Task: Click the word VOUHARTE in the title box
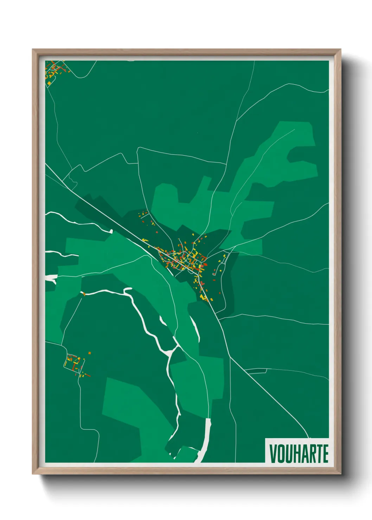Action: click(x=299, y=454)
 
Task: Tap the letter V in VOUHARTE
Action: click(x=272, y=454)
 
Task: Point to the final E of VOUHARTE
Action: click(x=325, y=454)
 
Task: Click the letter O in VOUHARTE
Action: click(x=280, y=454)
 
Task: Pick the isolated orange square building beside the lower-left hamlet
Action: click(x=90, y=353)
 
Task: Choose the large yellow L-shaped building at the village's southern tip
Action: click(x=203, y=297)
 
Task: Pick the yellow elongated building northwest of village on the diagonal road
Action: click(x=145, y=240)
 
